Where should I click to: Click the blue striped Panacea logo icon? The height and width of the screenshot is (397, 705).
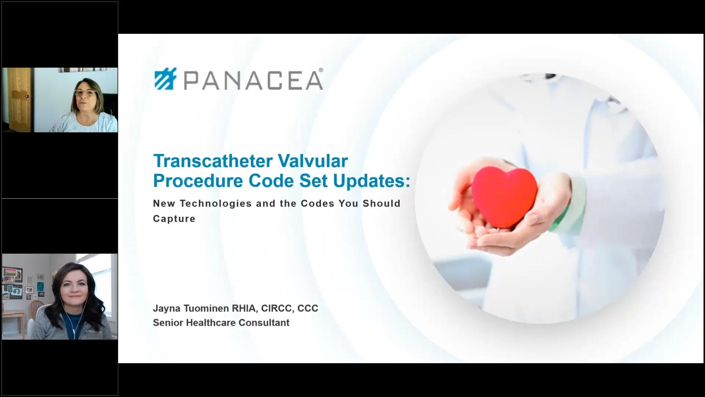[x=166, y=79]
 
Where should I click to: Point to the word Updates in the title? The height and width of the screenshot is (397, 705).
[x=372, y=181]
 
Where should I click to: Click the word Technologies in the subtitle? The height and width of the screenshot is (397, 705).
[x=216, y=204]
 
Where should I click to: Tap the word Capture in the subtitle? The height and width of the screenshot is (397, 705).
[x=174, y=219]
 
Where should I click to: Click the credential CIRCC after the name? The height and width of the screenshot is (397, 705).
[x=276, y=308]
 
